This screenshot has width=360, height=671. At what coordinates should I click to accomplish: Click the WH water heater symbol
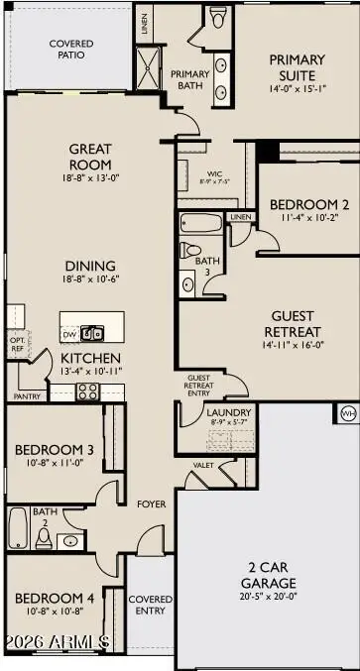347,412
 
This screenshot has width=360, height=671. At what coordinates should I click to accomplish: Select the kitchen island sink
91,333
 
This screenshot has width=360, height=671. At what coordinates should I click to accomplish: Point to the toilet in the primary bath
218,17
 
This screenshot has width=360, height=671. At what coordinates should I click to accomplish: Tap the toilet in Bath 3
193,250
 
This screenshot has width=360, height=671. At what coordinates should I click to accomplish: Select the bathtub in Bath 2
19,525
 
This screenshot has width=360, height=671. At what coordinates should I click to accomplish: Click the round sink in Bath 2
68,541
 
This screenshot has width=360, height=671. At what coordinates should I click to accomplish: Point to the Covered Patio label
68,49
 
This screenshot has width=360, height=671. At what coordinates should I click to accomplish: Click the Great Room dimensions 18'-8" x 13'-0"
90,179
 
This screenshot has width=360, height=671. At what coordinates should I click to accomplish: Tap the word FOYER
150,503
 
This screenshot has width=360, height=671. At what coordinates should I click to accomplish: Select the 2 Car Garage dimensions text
268,597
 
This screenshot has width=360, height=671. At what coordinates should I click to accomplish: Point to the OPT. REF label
17,344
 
